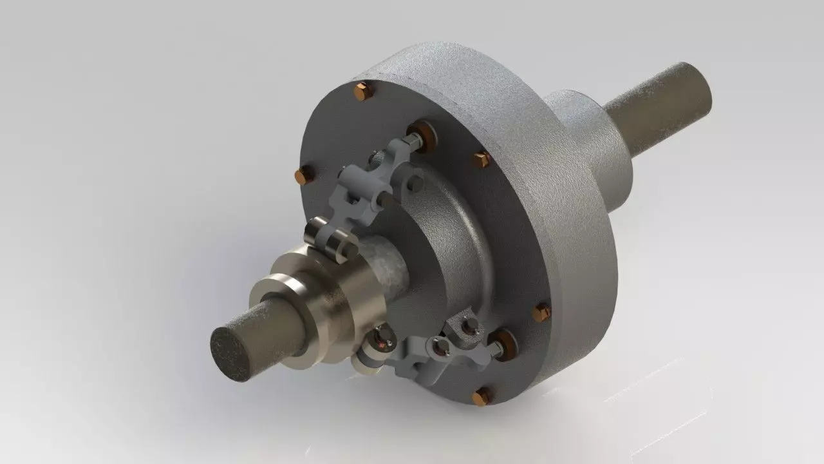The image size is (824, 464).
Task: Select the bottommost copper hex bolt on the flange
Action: (481, 397)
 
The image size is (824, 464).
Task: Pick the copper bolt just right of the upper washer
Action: (482, 159)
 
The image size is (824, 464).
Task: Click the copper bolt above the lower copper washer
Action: (541, 313)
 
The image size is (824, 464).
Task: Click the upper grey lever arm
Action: (360, 187)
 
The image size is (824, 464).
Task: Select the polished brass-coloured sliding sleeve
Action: (322, 303)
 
